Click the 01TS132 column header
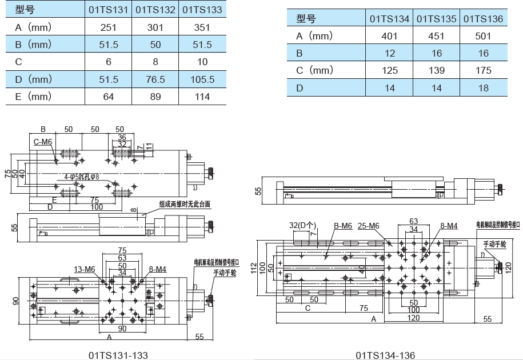(155, 9)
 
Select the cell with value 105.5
(202, 79)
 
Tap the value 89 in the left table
(155, 97)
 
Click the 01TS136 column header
(483, 19)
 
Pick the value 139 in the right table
(436, 70)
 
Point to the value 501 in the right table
(483, 36)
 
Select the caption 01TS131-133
(118, 355)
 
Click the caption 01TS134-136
(385, 355)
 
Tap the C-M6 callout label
(43, 142)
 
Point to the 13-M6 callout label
(84, 269)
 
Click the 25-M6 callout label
(368, 226)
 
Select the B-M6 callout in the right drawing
(342, 226)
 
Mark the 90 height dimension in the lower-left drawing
(15, 301)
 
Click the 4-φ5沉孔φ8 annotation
(81, 177)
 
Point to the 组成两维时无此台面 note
(184, 204)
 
